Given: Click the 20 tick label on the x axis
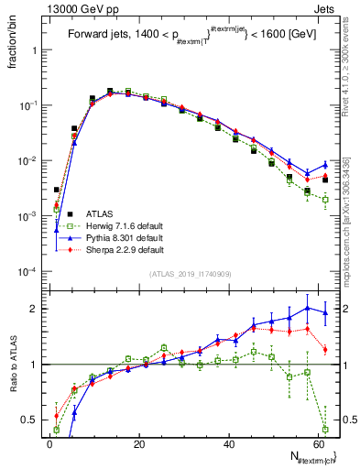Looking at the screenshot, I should (x=139, y=443).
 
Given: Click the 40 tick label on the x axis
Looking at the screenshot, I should (x=229, y=443).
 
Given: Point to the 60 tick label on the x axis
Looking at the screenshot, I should (x=318, y=443).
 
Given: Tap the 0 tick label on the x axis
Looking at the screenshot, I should (x=50, y=443).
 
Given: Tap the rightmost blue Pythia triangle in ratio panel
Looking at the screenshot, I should (x=325, y=312).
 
